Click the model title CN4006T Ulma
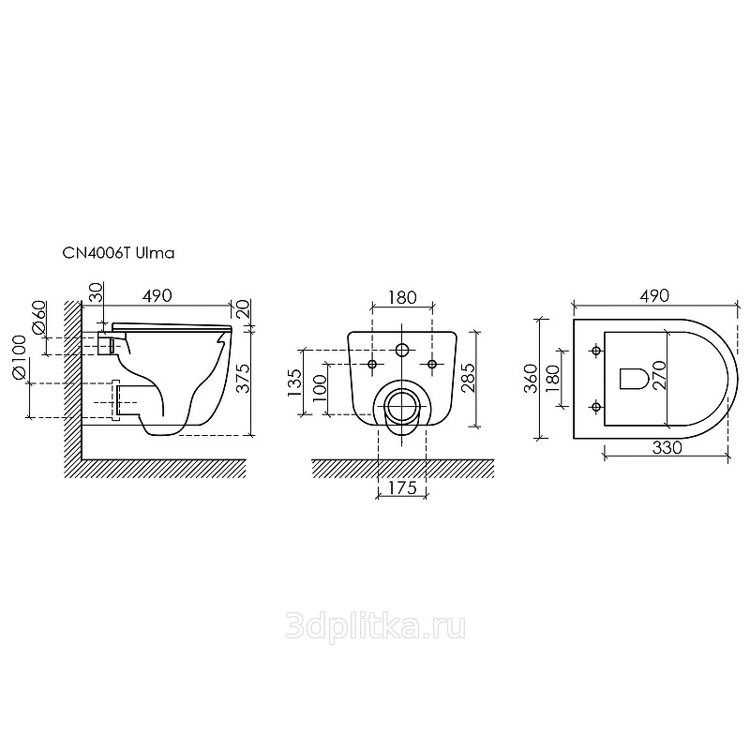(x=119, y=253)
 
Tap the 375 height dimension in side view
(x=244, y=379)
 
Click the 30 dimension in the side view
(x=96, y=292)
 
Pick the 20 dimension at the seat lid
(x=243, y=309)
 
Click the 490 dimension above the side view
(x=157, y=295)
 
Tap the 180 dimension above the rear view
(x=402, y=297)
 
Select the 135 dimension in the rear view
(x=294, y=382)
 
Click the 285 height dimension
(x=467, y=378)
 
